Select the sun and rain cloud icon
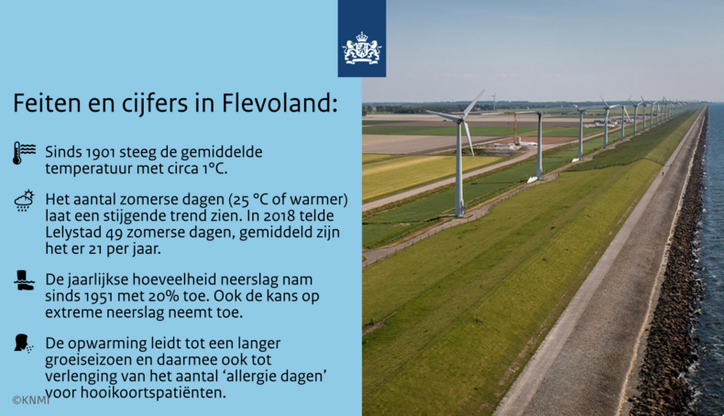(24, 201)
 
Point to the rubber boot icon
(24, 280)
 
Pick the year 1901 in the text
(105, 151)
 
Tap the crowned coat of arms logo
(361, 48)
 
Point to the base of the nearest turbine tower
(459, 213)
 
